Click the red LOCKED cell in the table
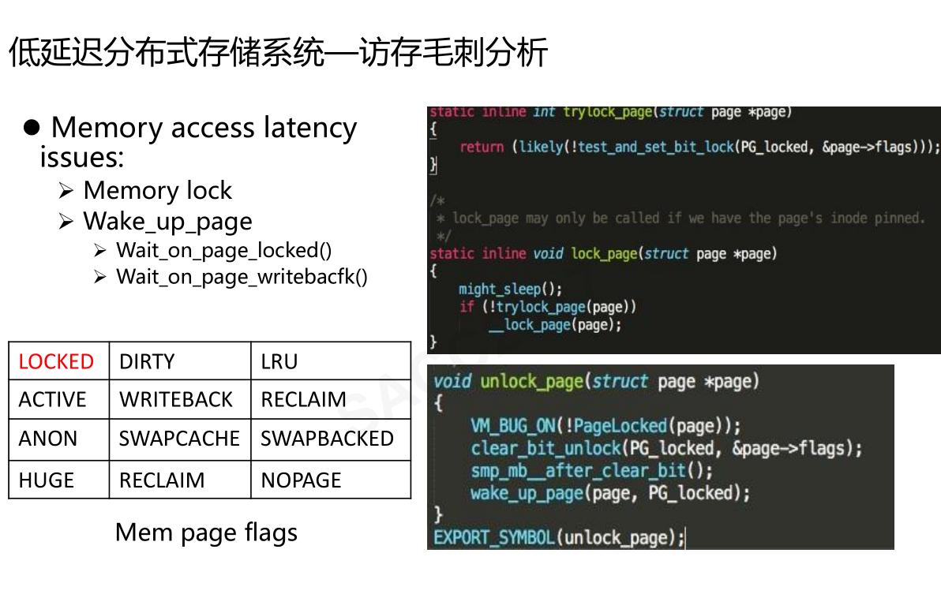point(56,361)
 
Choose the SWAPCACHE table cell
point(179,439)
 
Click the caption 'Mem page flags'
point(206,532)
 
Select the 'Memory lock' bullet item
point(157,191)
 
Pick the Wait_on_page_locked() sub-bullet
point(223,250)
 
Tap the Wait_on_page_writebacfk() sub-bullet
point(242,277)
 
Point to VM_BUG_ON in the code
point(512,426)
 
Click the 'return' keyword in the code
point(481,147)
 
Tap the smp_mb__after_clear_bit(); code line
point(591,470)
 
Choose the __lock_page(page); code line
point(554,324)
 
